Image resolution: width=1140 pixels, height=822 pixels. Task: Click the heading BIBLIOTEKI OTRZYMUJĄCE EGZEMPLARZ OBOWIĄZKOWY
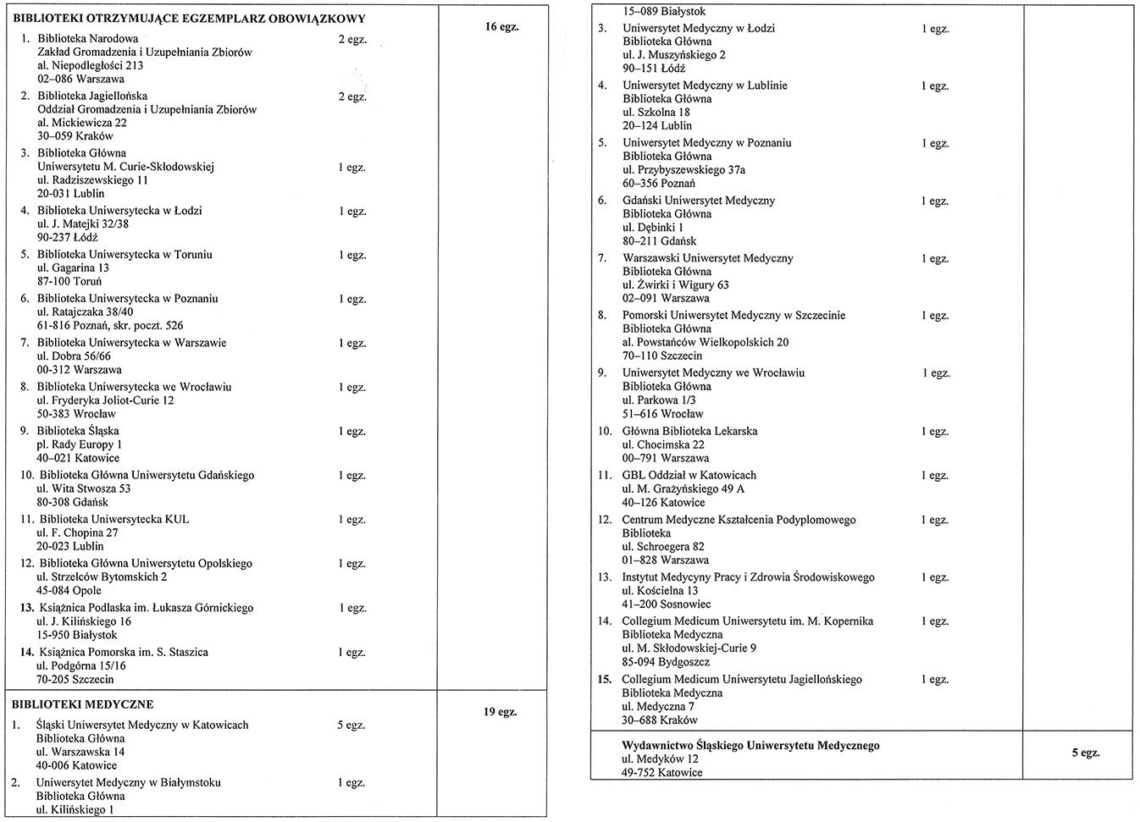coord(189,19)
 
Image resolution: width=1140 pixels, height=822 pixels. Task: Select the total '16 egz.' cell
coord(501,27)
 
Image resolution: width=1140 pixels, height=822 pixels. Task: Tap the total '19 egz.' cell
coord(500,712)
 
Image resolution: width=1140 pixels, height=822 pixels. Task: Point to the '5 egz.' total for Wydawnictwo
coord(1085,753)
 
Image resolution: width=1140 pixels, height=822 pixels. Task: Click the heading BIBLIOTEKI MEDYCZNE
coord(82,704)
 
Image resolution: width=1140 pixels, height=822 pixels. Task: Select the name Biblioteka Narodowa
coord(87,39)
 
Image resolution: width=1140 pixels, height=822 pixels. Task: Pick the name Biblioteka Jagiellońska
coord(92,97)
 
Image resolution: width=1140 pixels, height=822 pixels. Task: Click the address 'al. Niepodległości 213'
coord(91,66)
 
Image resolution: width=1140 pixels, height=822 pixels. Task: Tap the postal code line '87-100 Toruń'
coord(69,282)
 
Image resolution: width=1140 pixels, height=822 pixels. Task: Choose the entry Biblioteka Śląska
coord(77,431)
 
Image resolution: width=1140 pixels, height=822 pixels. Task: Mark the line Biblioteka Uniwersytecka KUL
coord(114,520)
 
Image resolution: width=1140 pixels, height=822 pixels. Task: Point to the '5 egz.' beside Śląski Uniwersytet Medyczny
coord(351,725)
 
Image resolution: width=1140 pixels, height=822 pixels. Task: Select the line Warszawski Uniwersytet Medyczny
coord(708,258)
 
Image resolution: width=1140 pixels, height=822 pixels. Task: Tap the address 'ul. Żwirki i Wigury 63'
coord(675,285)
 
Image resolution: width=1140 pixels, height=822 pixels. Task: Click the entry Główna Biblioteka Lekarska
coord(689,431)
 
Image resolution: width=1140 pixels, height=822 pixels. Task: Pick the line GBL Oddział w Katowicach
coord(689,476)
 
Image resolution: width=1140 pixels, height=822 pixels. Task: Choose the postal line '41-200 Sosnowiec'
coord(667,604)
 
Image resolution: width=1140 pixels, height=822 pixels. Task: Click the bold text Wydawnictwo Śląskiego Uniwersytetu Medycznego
coord(750,746)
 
